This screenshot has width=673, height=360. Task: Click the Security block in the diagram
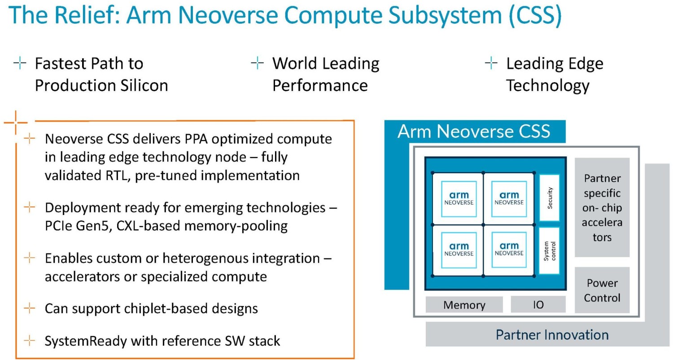[x=550, y=198]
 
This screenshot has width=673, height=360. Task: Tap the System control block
[x=550, y=250]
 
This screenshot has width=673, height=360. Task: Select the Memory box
[x=464, y=305]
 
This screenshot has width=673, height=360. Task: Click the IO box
[x=538, y=304]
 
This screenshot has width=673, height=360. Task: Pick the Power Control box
[x=602, y=290]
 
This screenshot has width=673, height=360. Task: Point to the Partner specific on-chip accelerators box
[x=602, y=207]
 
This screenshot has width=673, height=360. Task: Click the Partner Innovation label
[x=552, y=335]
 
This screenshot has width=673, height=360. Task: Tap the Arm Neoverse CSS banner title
[x=474, y=132]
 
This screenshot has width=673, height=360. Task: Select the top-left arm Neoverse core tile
[x=459, y=199]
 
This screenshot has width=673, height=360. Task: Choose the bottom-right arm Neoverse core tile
[x=509, y=250]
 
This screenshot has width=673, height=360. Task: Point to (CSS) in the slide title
[x=535, y=15]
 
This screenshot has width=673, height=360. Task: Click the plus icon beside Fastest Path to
[x=20, y=63]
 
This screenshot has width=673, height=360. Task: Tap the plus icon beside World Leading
[x=257, y=63]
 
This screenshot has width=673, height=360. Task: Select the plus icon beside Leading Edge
[x=491, y=63]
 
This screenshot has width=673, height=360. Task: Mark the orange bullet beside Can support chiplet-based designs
[x=30, y=308]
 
